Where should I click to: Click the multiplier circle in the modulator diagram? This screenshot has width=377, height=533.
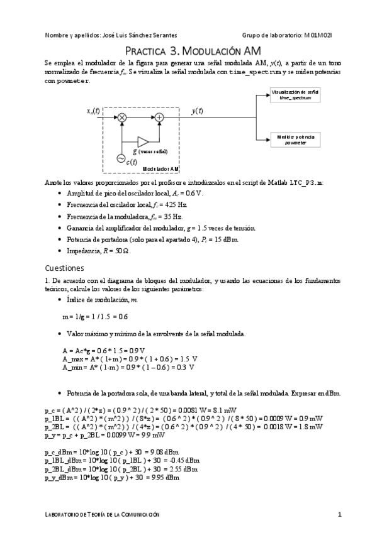[123, 117]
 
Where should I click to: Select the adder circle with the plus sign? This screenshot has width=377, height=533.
[160, 117]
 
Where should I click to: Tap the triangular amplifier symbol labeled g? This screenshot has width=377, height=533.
[142, 141]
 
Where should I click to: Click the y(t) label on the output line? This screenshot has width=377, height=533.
[197, 111]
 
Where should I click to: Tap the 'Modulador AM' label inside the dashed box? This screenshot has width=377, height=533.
[161, 169]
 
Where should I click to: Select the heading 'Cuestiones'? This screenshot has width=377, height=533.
[65, 266]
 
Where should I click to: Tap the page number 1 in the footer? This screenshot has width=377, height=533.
[339, 515]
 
